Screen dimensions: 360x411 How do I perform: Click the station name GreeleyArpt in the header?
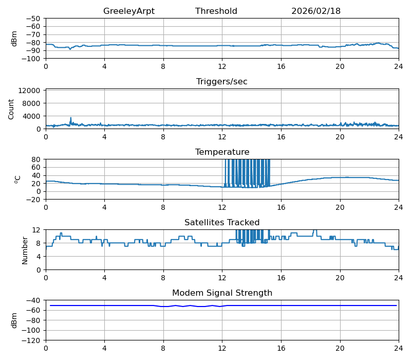pos(128,11)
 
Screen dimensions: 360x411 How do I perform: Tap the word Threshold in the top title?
pos(216,11)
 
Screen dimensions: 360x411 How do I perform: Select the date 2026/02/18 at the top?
pos(316,11)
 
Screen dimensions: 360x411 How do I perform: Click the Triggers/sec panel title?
pos(222,82)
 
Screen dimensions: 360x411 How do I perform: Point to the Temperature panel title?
pos(222,152)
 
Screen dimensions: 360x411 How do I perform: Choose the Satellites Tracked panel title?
pos(222,223)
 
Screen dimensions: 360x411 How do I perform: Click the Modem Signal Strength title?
pos(222,293)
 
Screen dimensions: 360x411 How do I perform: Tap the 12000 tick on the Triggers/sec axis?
pos(29,91)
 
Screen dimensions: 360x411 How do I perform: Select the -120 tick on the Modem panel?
pos(31,340)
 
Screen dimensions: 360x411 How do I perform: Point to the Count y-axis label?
pos(11,110)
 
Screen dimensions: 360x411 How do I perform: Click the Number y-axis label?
pos(25,250)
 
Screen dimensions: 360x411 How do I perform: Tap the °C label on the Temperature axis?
pos(17,179)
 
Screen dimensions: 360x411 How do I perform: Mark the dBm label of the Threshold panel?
pos(14,39)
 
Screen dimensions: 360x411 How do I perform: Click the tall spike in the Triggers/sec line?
pos(71,118)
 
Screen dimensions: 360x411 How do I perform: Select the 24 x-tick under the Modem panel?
pos(399,349)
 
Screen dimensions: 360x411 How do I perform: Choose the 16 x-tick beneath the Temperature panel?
pos(281,208)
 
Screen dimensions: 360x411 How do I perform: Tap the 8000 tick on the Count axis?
pos(31,103)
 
